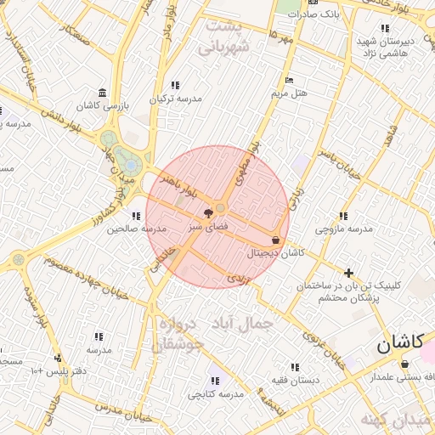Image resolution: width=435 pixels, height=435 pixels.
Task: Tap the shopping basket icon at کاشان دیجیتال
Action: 276,240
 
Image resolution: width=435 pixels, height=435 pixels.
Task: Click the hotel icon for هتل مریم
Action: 290,80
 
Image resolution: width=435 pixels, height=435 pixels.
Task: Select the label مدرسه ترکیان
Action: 176,99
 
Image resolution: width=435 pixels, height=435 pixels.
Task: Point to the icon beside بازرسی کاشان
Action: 103,93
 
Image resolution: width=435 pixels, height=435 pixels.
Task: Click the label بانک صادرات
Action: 314,14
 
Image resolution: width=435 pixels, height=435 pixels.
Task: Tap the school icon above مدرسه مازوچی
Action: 343,216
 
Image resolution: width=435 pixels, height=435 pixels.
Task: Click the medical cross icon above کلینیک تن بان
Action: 348,272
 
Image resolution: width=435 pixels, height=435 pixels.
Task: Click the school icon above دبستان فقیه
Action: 295,367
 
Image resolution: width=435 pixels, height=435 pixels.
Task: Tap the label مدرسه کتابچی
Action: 215,394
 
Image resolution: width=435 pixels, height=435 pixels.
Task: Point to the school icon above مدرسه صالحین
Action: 136,216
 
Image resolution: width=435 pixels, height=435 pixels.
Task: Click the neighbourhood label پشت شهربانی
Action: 225,37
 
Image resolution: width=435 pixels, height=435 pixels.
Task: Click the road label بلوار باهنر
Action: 183,181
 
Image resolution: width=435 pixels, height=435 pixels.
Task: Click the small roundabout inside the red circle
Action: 221,207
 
